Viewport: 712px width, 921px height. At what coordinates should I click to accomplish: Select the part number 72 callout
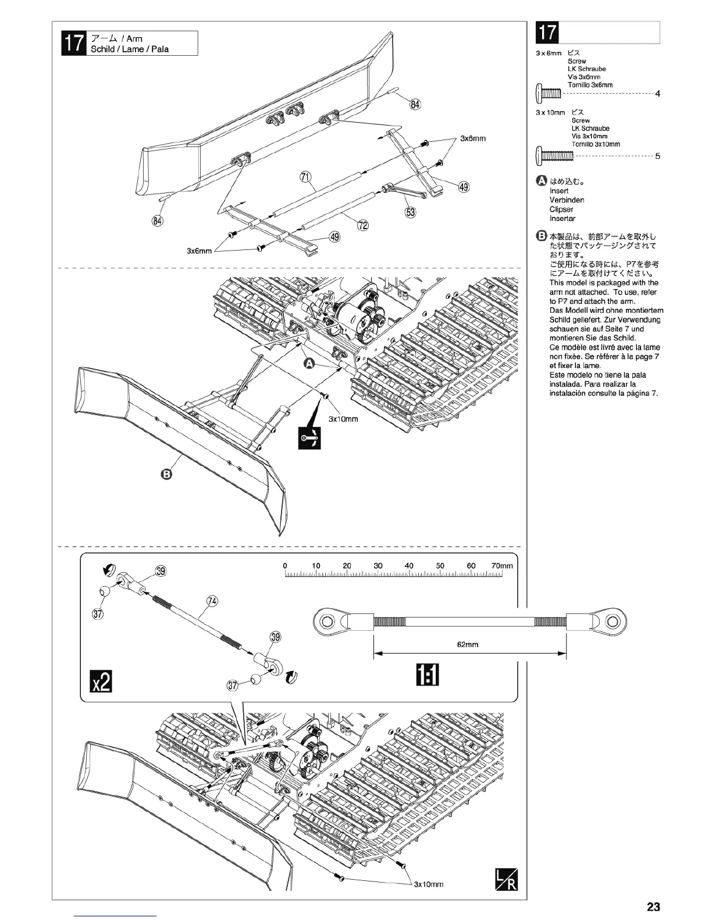point(362,226)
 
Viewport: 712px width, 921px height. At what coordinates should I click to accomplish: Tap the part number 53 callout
point(411,212)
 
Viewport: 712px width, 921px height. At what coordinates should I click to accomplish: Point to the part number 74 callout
point(212,601)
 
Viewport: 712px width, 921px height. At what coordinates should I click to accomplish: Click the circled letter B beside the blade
point(166,474)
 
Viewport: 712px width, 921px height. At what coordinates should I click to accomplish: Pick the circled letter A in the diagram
point(310,363)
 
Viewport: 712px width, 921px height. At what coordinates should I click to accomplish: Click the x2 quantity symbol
point(100,681)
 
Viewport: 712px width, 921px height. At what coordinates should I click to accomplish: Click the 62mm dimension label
point(468,644)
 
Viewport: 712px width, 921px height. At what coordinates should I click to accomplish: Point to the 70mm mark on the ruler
point(502,566)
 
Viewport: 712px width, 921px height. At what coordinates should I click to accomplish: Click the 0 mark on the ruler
point(285,566)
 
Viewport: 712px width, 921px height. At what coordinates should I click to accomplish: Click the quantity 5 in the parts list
point(657,156)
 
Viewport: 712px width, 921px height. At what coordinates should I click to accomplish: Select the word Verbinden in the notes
point(567,200)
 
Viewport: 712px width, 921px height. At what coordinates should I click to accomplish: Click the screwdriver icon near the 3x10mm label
point(309,439)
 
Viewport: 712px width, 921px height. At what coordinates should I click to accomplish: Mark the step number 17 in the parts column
point(547,33)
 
